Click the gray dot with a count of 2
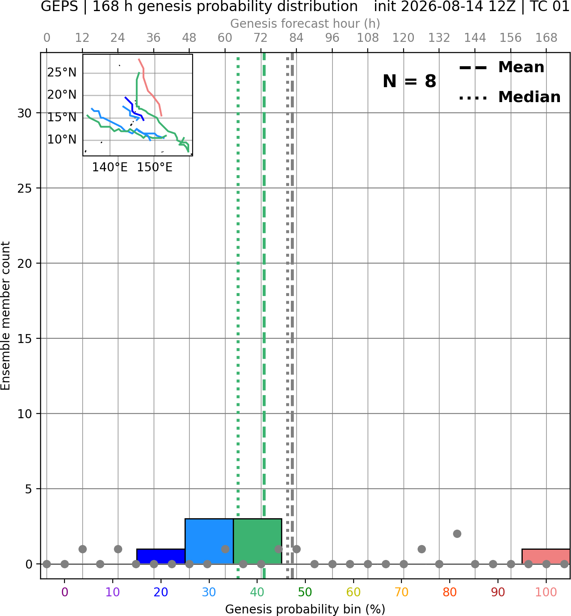click(x=457, y=534)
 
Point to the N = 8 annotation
click(x=410, y=81)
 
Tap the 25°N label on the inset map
click(x=62, y=73)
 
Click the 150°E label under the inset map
click(x=155, y=167)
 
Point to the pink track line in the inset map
click(x=150, y=88)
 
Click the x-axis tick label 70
click(x=401, y=592)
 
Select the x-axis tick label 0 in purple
click(x=64, y=592)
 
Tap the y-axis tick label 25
click(x=24, y=188)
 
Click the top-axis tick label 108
click(x=368, y=38)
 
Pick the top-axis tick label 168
click(x=546, y=38)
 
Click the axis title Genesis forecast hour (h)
click(x=305, y=23)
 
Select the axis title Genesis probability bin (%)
click(x=305, y=609)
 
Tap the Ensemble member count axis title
click(x=5, y=316)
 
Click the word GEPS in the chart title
click(x=59, y=6)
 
